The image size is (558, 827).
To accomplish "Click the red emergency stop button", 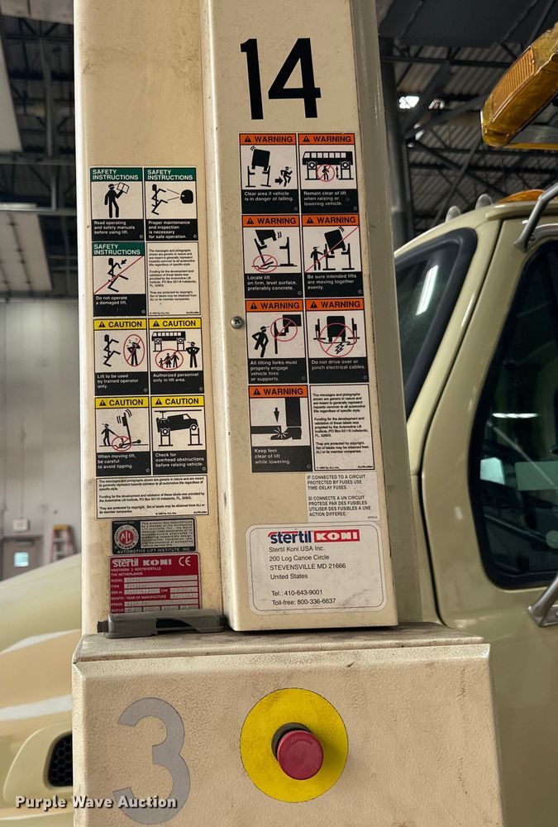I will coord(298,752).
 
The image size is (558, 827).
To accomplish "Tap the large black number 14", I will coord(280,79).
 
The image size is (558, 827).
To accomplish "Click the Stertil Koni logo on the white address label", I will coord(313,536).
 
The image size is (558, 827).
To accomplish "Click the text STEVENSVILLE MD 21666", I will coord(307,566).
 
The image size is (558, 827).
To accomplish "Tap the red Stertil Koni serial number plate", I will coord(154,582).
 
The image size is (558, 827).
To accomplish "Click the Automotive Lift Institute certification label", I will coord(154,536).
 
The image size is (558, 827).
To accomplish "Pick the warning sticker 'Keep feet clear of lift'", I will coord(279,428).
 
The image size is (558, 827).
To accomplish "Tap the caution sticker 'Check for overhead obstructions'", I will coord(178,435).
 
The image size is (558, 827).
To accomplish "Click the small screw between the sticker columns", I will coord(237,323).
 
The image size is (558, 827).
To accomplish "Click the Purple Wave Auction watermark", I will coord(96,802).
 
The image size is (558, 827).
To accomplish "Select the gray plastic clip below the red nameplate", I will coord(160,623).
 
